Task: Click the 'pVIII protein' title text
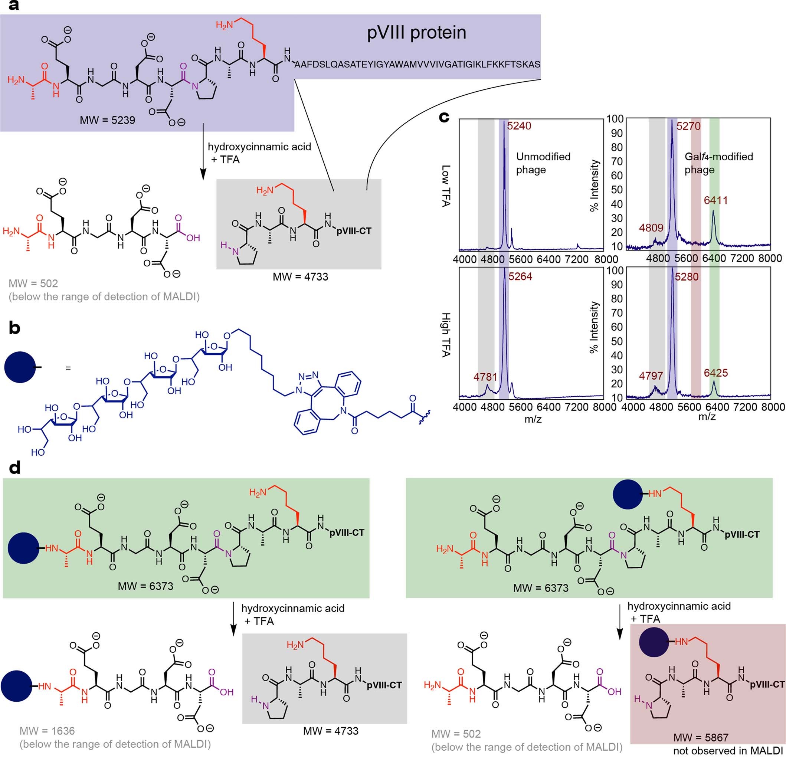416,33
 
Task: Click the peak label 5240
519,126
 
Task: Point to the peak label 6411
716,200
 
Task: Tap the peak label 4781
485,377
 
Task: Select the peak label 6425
716,373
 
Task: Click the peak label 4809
651,228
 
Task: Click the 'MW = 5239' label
107,120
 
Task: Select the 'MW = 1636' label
47,731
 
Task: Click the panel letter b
14,328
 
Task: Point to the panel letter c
444,117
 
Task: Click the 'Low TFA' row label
446,186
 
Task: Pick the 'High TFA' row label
446,335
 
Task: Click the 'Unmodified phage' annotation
543,163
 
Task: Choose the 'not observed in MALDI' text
728,751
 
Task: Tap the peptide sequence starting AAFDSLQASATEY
417,65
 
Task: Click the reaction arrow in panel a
203,153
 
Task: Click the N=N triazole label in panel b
309,375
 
